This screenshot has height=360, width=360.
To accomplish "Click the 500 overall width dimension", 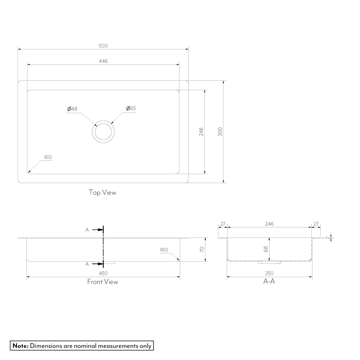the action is [x=103, y=46].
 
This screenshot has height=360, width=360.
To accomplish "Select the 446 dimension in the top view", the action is [x=103, y=61].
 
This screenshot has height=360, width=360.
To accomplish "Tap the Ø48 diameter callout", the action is [x=72, y=109].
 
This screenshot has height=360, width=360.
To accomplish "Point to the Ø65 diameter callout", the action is [x=131, y=108].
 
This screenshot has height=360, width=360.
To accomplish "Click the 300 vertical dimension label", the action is [x=220, y=131].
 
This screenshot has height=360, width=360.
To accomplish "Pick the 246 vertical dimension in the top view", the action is [x=201, y=131].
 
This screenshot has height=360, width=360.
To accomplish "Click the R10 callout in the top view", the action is [x=48, y=157].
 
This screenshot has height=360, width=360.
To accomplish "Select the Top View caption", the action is [x=103, y=192].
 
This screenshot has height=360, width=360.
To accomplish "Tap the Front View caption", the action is [x=103, y=282].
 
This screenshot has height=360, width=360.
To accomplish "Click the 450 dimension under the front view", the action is [x=103, y=273].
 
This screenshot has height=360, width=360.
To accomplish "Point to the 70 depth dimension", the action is [x=202, y=249].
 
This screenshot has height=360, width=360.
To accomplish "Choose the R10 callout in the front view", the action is [x=164, y=250].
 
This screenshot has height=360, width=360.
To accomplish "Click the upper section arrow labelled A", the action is [x=97, y=230].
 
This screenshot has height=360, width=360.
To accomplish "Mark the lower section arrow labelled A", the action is [x=97, y=264].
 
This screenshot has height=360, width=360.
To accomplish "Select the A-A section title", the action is [x=269, y=281].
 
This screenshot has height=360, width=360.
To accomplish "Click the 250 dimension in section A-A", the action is [x=269, y=273].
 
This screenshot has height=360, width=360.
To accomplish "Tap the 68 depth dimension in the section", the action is [x=266, y=249].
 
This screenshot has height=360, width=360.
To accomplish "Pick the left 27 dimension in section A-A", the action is [x=223, y=224].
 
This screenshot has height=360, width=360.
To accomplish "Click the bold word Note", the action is [x=21, y=346].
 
